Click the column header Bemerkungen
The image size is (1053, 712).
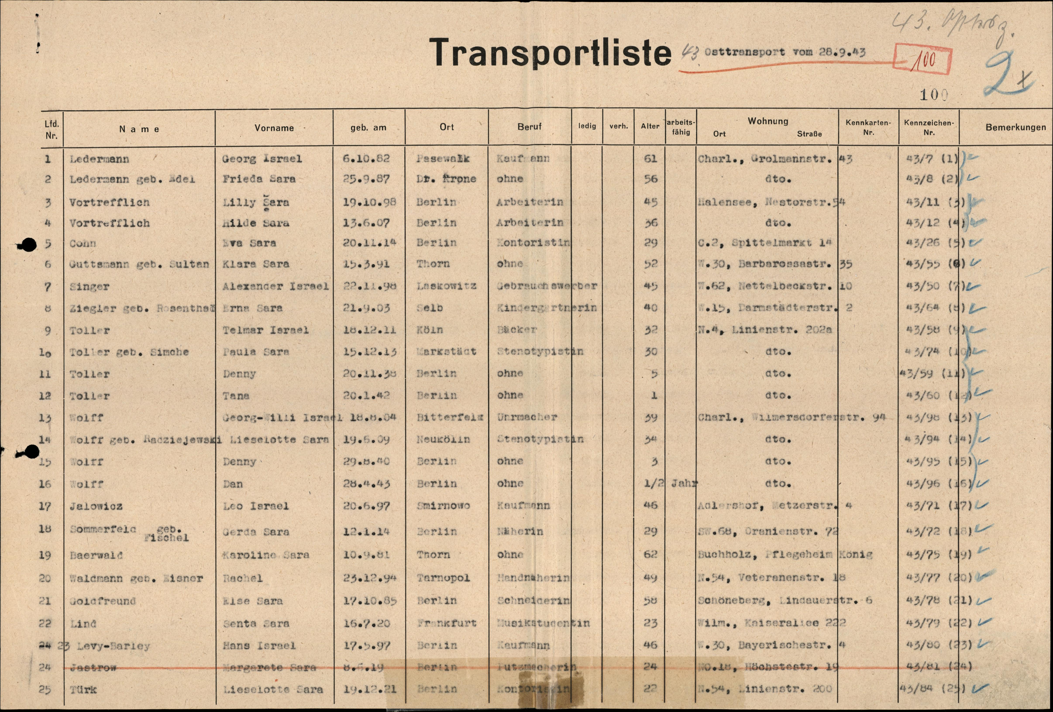(1015, 127)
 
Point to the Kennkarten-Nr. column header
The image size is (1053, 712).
(868, 127)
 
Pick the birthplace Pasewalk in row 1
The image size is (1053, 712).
(443, 159)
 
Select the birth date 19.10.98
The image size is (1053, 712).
(369, 202)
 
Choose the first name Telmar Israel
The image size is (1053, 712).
(265, 330)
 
